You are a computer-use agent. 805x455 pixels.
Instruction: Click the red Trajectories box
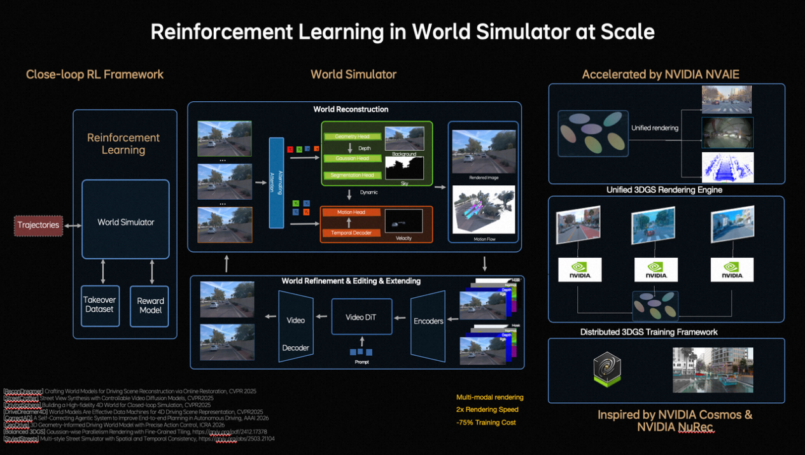coord(39,225)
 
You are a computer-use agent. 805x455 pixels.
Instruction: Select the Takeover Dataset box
coord(100,305)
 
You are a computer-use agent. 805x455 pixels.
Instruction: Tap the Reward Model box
coord(150,306)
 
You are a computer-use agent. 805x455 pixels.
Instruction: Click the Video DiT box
coord(361,317)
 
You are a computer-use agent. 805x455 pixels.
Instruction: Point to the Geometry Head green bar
coord(352,137)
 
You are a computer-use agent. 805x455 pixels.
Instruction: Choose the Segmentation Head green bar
coord(352,175)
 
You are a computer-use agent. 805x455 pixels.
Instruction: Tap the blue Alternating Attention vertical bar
coord(276,183)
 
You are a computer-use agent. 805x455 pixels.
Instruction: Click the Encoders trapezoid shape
coord(428,321)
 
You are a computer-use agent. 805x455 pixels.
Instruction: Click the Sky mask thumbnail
coord(404,169)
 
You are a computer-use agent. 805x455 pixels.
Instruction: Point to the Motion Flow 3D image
coord(483,210)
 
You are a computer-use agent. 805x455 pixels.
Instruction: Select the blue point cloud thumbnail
coord(727,167)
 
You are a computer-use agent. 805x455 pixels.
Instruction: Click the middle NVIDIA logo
coord(655,270)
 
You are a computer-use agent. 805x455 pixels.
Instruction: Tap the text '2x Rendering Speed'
coord(487,410)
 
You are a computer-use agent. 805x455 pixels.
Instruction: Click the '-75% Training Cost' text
coord(486,423)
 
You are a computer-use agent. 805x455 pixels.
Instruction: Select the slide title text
coord(402,31)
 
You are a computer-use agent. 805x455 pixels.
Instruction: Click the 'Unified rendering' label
coord(654,128)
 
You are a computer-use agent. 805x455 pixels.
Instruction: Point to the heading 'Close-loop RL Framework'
coord(95,74)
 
